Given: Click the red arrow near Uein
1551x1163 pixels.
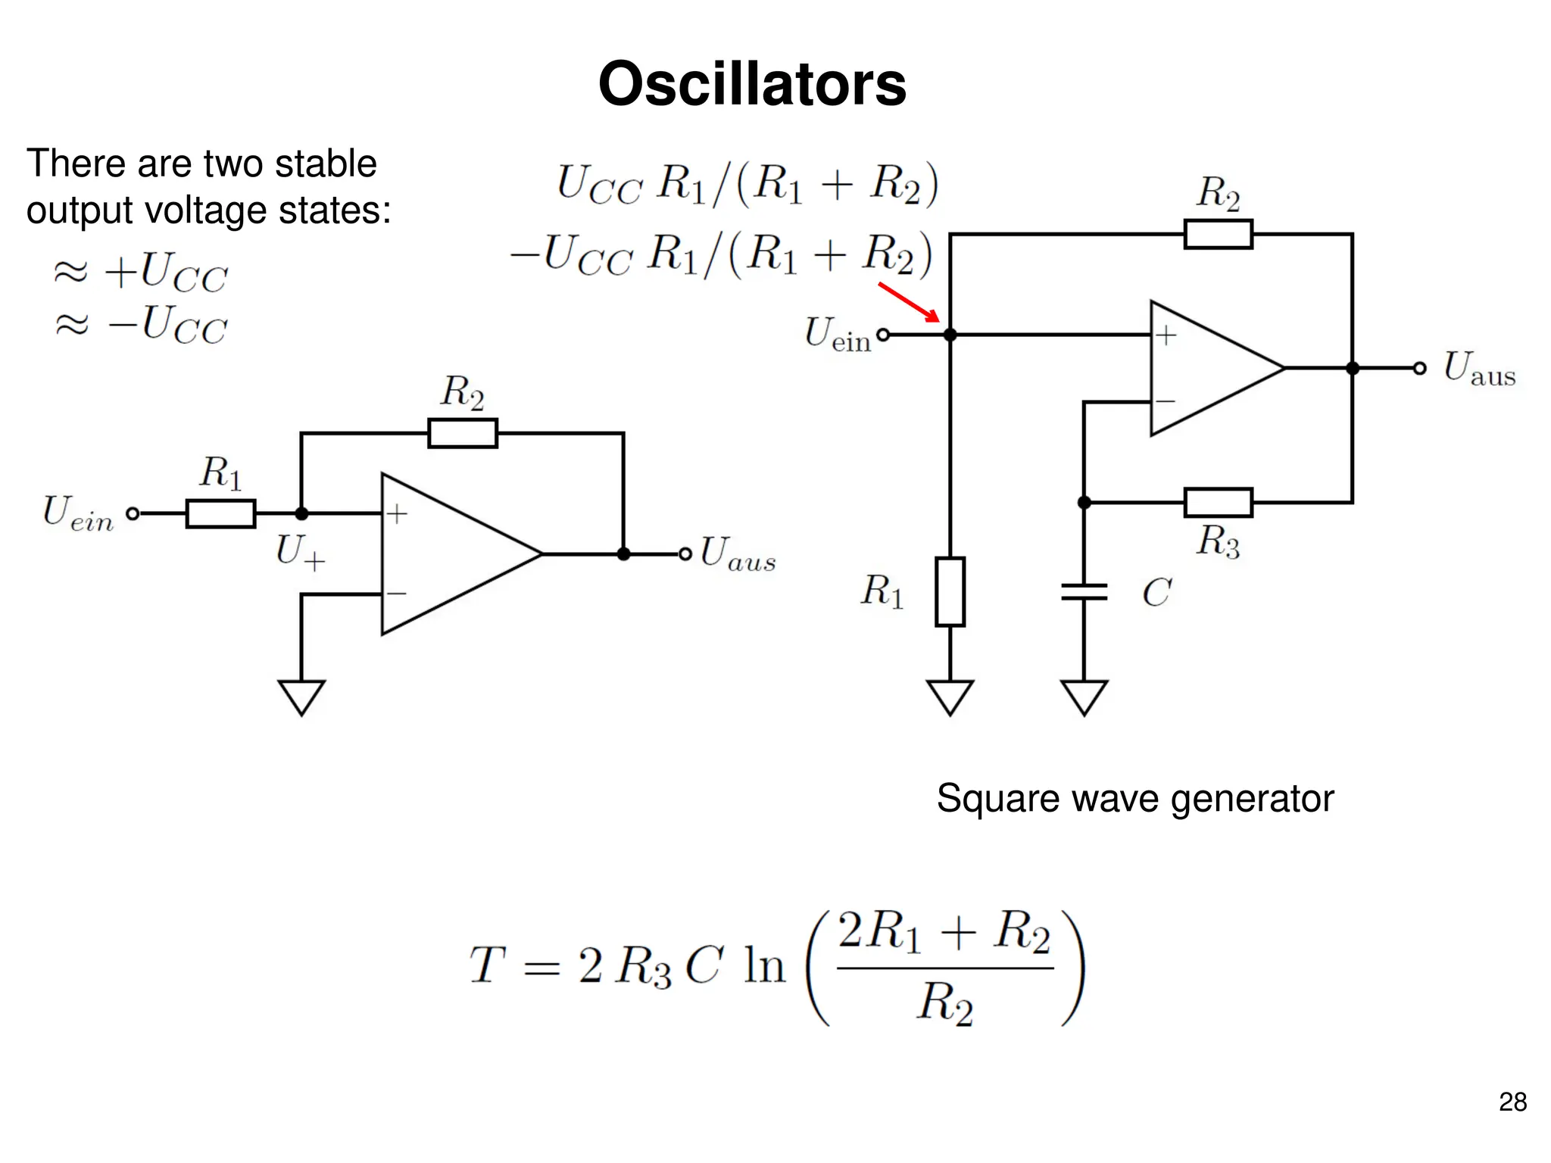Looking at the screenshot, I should tap(908, 302).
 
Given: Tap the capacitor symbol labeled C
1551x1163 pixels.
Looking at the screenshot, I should tap(1084, 591).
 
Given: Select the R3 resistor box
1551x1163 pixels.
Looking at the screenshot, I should tap(1218, 503).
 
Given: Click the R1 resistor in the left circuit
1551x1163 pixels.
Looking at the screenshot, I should tap(220, 513).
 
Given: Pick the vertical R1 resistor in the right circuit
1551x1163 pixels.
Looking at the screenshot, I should tap(950, 591).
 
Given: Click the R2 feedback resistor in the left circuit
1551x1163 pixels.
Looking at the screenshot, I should tap(462, 433).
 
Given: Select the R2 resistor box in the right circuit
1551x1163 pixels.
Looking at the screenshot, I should tap(1218, 234).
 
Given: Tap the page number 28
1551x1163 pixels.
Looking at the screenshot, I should tap(1512, 1102).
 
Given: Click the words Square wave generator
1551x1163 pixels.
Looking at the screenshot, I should tap(1134, 798).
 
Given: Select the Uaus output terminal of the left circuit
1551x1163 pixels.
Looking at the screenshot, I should tap(685, 554).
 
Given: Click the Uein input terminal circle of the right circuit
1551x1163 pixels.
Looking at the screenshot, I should tap(883, 335).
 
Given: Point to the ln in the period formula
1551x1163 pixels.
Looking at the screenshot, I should tap(763, 966).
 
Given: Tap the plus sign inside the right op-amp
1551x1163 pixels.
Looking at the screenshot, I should tap(1166, 335).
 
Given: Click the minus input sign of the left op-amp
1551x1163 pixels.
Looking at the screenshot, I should tap(396, 594).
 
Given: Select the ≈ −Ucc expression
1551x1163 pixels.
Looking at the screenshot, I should tap(141, 325).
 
